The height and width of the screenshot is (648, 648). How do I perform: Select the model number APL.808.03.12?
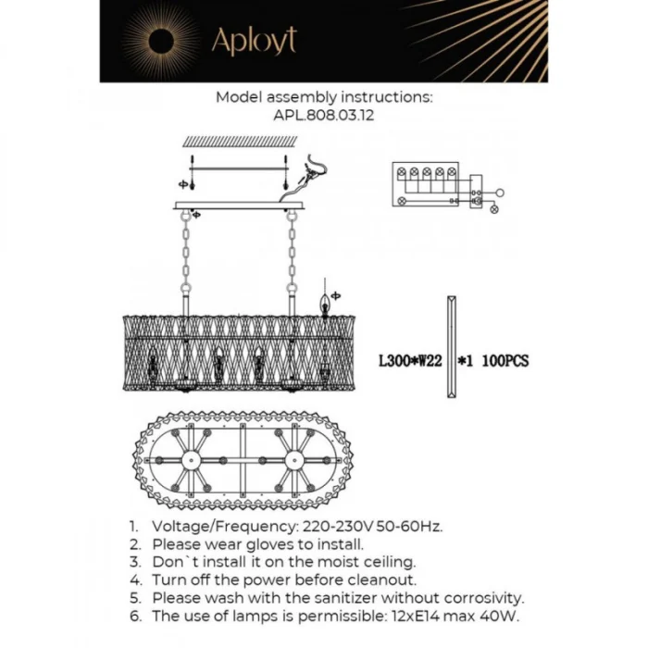coord(324,118)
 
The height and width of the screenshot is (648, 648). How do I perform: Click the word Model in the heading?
coord(238,96)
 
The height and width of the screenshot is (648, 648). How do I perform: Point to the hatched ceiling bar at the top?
coord(239,142)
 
